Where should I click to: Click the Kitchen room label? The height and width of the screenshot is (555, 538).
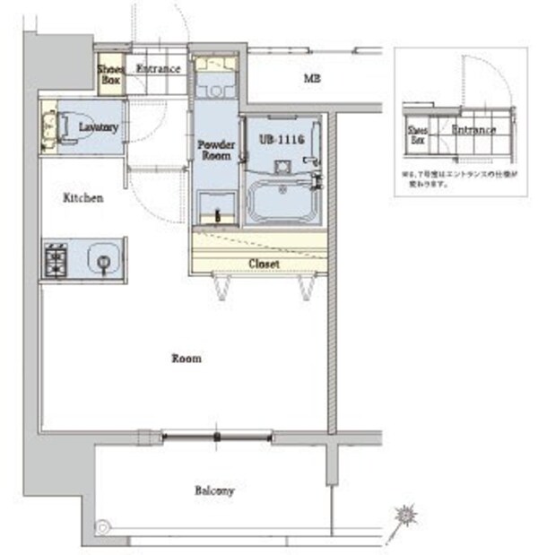click(82, 197)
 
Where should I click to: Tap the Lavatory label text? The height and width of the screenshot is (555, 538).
click(99, 128)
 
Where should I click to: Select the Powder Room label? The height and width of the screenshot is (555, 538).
click(215, 149)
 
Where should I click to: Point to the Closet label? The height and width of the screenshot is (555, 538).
click(264, 264)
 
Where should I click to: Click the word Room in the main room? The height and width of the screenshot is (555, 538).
click(187, 359)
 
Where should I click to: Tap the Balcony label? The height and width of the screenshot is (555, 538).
click(213, 490)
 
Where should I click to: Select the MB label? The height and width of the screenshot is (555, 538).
click(311, 79)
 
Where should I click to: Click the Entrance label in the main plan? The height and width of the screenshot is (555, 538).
click(158, 69)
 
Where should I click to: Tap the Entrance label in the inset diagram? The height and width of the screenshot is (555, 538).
click(473, 131)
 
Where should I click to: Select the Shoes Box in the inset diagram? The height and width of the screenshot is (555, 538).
click(419, 134)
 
